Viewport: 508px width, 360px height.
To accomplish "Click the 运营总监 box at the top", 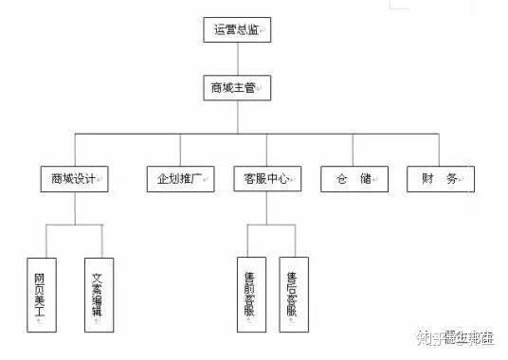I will [238, 29].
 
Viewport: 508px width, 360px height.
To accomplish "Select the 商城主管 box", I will [238, 88].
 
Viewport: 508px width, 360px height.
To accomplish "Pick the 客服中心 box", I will [266, 178].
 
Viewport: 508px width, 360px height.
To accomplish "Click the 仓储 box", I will [353, 178].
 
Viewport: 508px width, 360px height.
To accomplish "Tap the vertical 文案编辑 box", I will [98, 294].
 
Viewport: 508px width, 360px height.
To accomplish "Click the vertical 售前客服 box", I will [250, 294].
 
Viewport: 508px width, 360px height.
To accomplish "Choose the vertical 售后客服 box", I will [294, 294].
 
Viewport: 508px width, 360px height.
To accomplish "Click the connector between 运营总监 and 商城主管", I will [238, 59].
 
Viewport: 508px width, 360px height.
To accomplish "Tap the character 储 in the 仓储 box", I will [365, 178].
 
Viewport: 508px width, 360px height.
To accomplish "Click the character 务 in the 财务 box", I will [451, 178].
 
